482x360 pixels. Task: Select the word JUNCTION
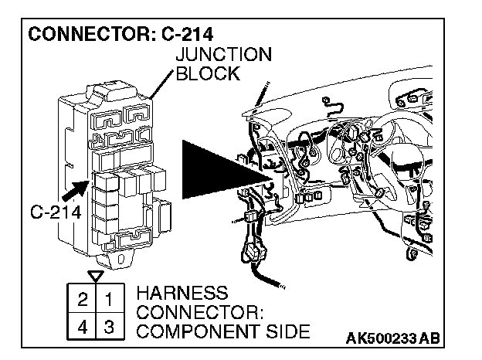(x=223, y=55)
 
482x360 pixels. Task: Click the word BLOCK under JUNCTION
(x=208, y=73)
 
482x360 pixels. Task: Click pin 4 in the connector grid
(x=83, y=325)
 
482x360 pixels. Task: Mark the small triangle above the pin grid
(x=95, y=275)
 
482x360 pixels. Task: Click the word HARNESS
(x=182, y=294)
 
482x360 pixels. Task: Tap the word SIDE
(x=291, y=332)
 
